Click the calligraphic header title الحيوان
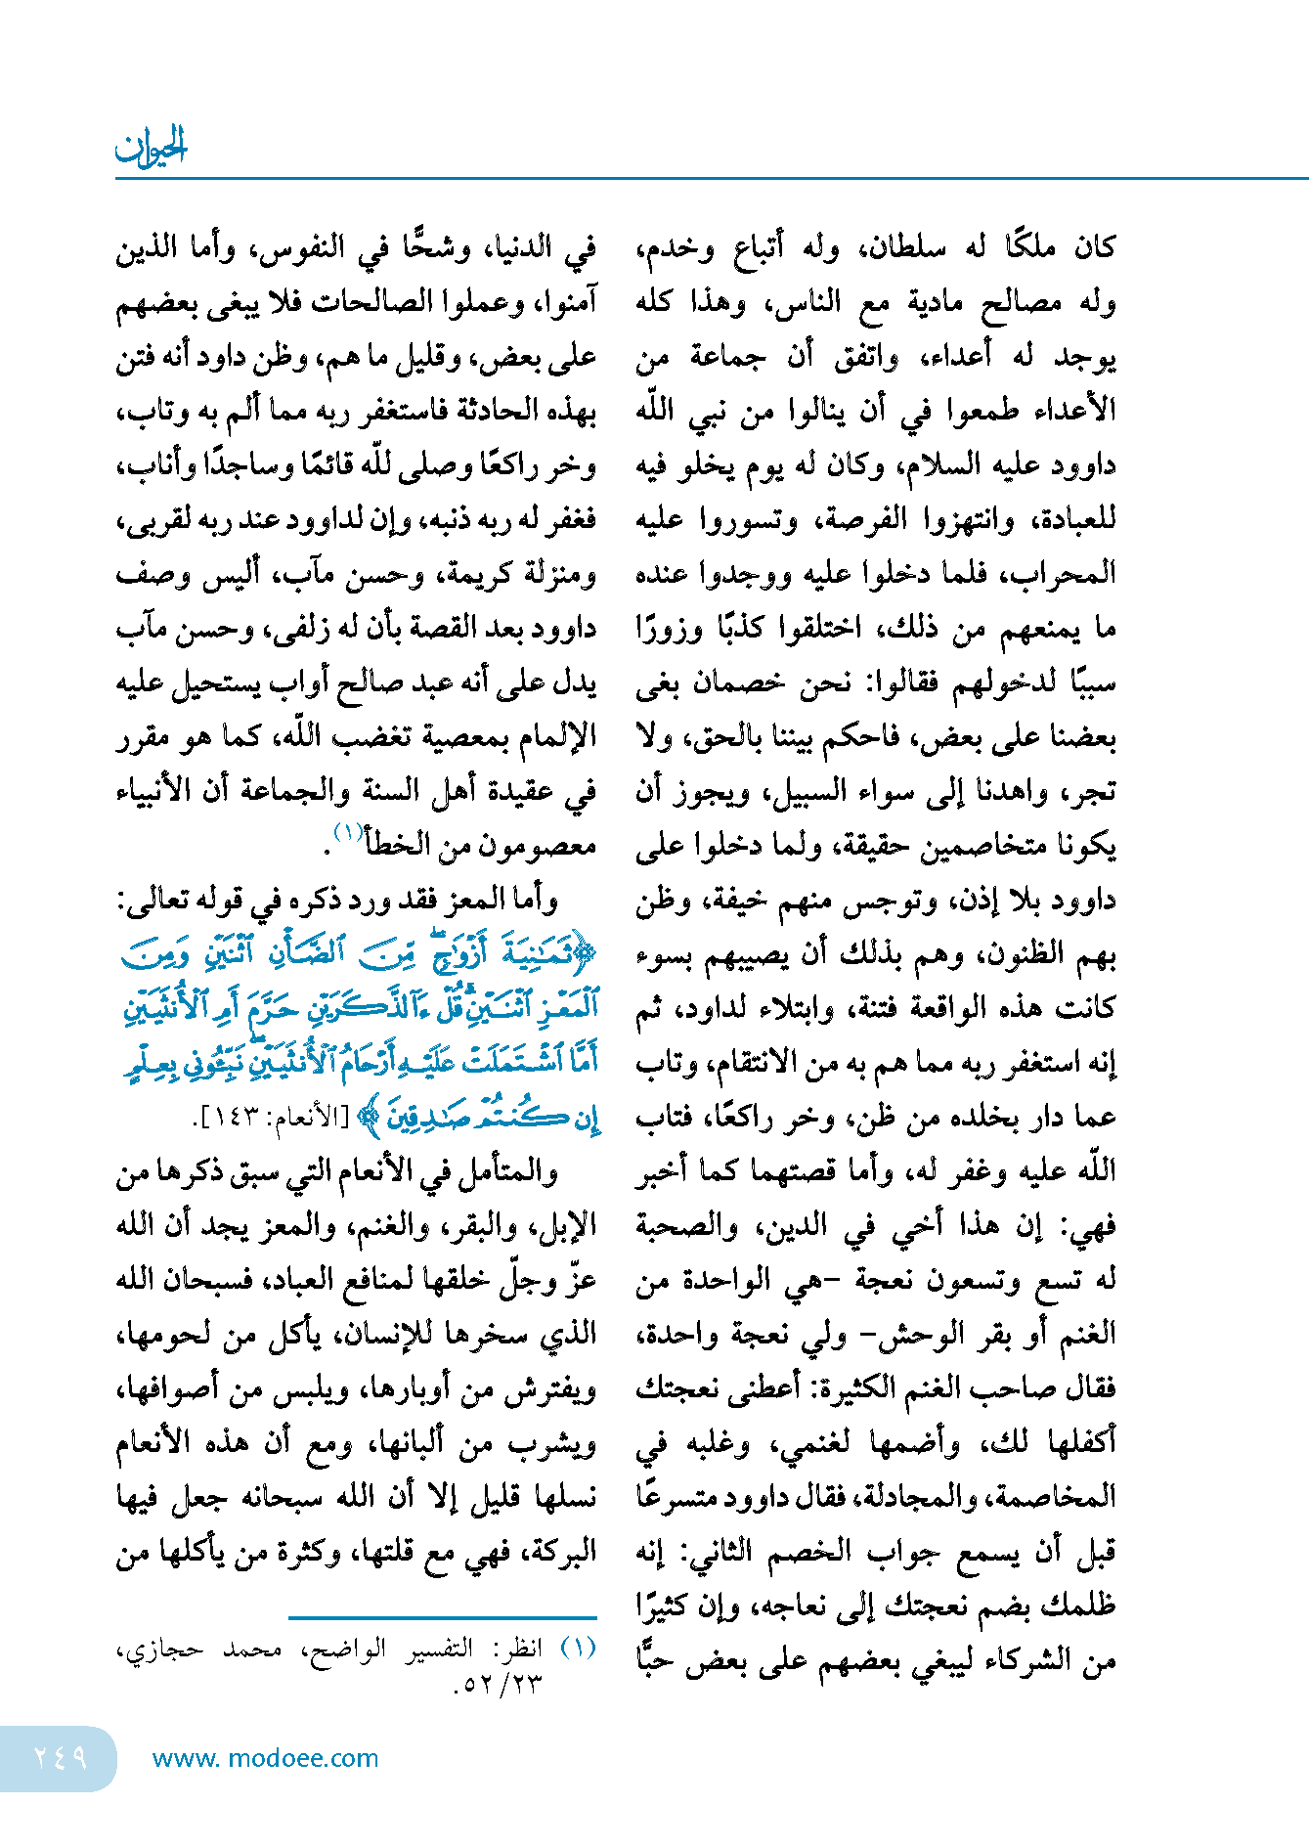tap(151, 147)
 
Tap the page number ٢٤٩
tap(61, 1757)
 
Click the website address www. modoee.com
tap(265, 1758)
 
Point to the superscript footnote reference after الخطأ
tap(348, 832)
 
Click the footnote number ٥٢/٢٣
tap(498, 1684)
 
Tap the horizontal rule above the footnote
tap(442, 1618)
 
